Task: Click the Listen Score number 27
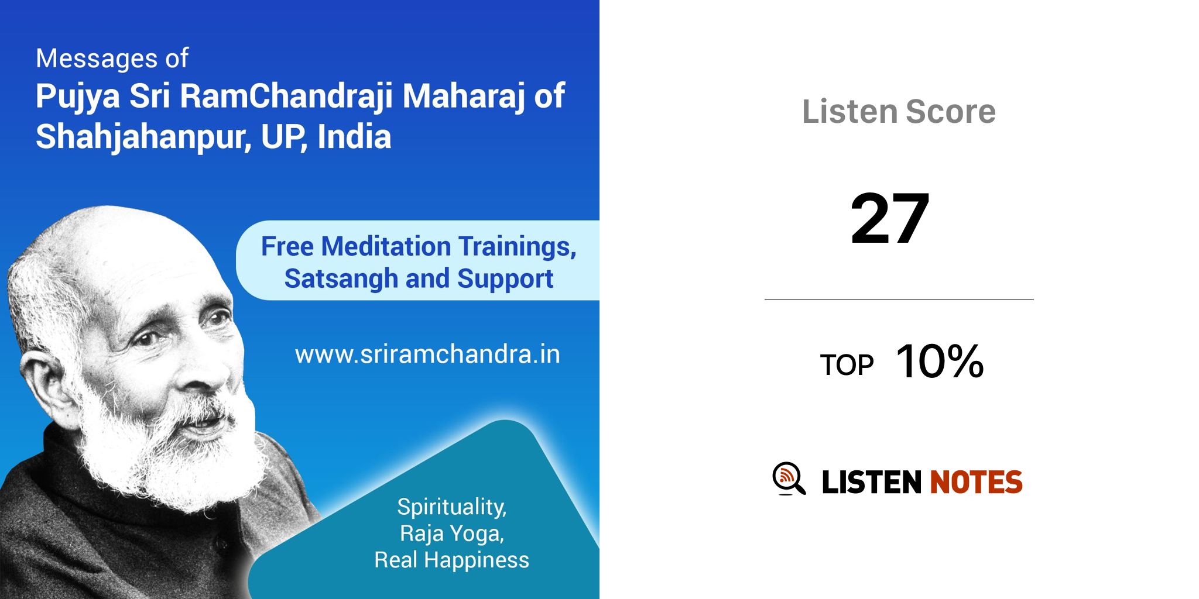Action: click(890, 219)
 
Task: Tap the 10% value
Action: click(940, 361)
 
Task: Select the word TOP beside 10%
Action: click(847, 365)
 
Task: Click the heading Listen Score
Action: click(899, 111)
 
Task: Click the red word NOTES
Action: click(976, 482)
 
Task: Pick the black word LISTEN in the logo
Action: click(872, 482)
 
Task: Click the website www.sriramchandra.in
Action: click(427, 354)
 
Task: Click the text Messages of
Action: click(112, 58)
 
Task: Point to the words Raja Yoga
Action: click(452, 533)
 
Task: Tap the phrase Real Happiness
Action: click(452, 560)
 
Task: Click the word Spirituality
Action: click(452, 507)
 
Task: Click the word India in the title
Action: click(354, 136)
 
